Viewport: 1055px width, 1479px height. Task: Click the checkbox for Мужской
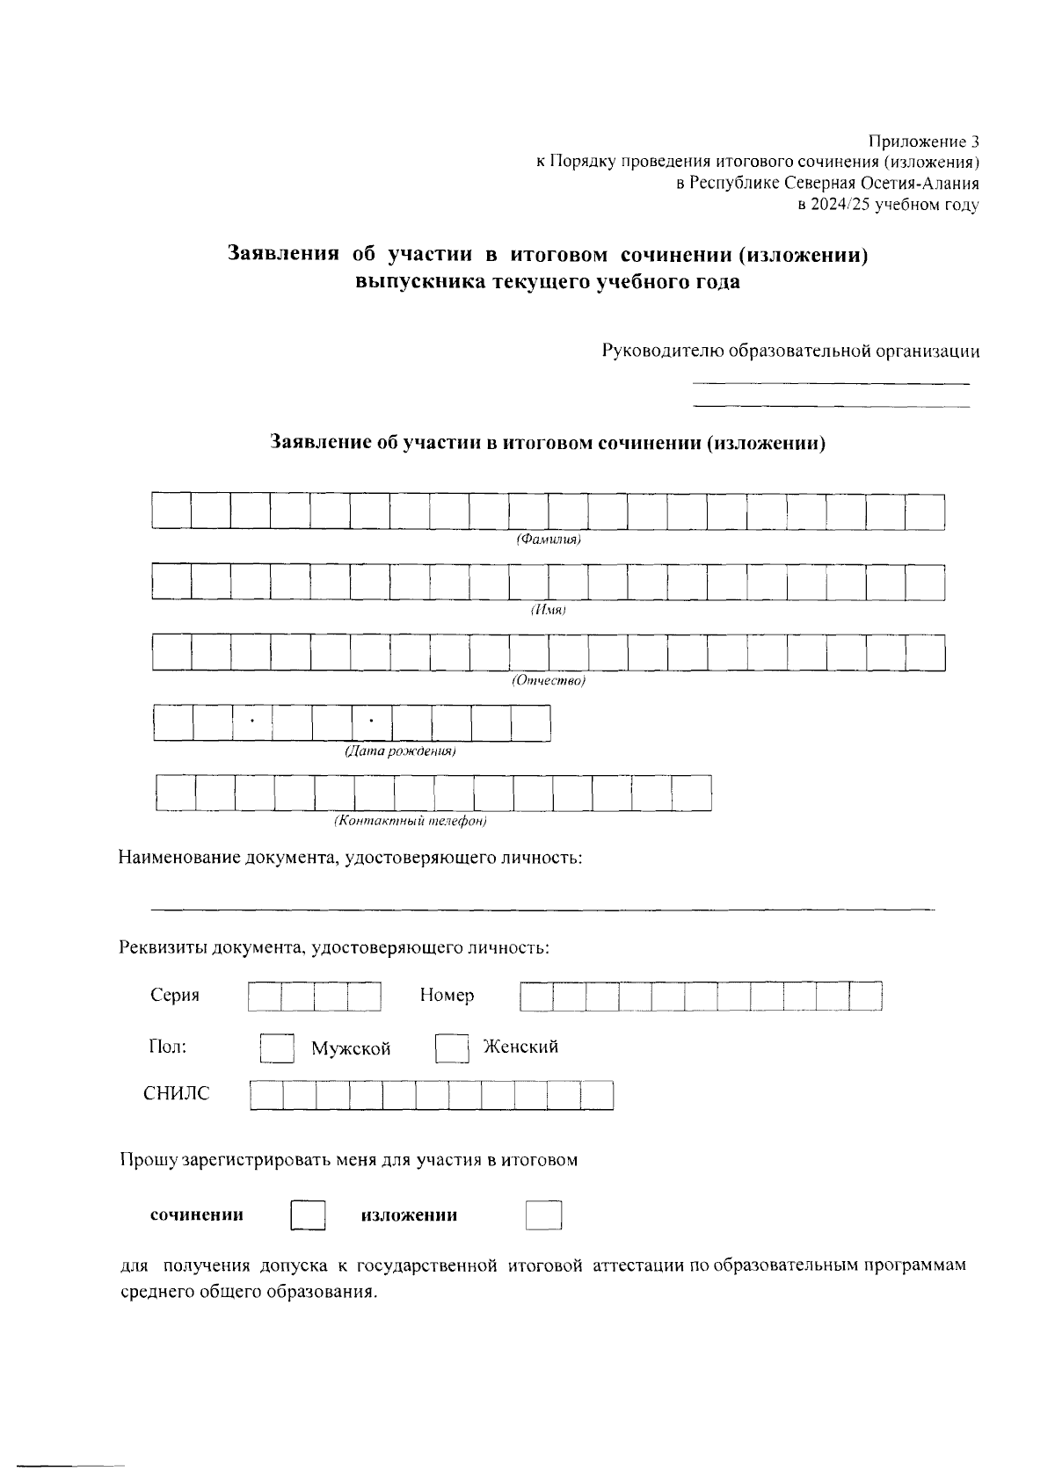coord(277,1048)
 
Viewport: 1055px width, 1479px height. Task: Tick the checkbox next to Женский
coord(452,1048)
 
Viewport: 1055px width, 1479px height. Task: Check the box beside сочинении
coord(308,1215)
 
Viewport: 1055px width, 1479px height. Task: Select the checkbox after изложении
coord(543,1215)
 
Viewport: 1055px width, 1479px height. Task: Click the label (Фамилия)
coord(549,540)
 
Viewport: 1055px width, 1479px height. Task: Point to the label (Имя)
coord(548,610)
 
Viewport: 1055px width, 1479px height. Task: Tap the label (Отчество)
coord(549,681)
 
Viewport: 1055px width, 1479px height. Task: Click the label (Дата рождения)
coord(399,752)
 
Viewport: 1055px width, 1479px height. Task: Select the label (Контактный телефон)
coord(410,822)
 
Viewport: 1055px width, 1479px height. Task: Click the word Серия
coord(175,995)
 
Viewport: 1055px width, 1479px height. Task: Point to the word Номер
coord(447,995)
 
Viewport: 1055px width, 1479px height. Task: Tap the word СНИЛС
coord(177,1094)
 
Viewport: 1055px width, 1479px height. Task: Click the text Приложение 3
coord(923,141)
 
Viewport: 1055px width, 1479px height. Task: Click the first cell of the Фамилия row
coord(171,511)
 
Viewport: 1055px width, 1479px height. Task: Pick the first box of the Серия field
coord(266,997)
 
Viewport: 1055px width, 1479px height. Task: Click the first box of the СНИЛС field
coord(266,1096)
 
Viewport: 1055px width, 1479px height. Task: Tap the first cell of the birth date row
coord(173,723)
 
